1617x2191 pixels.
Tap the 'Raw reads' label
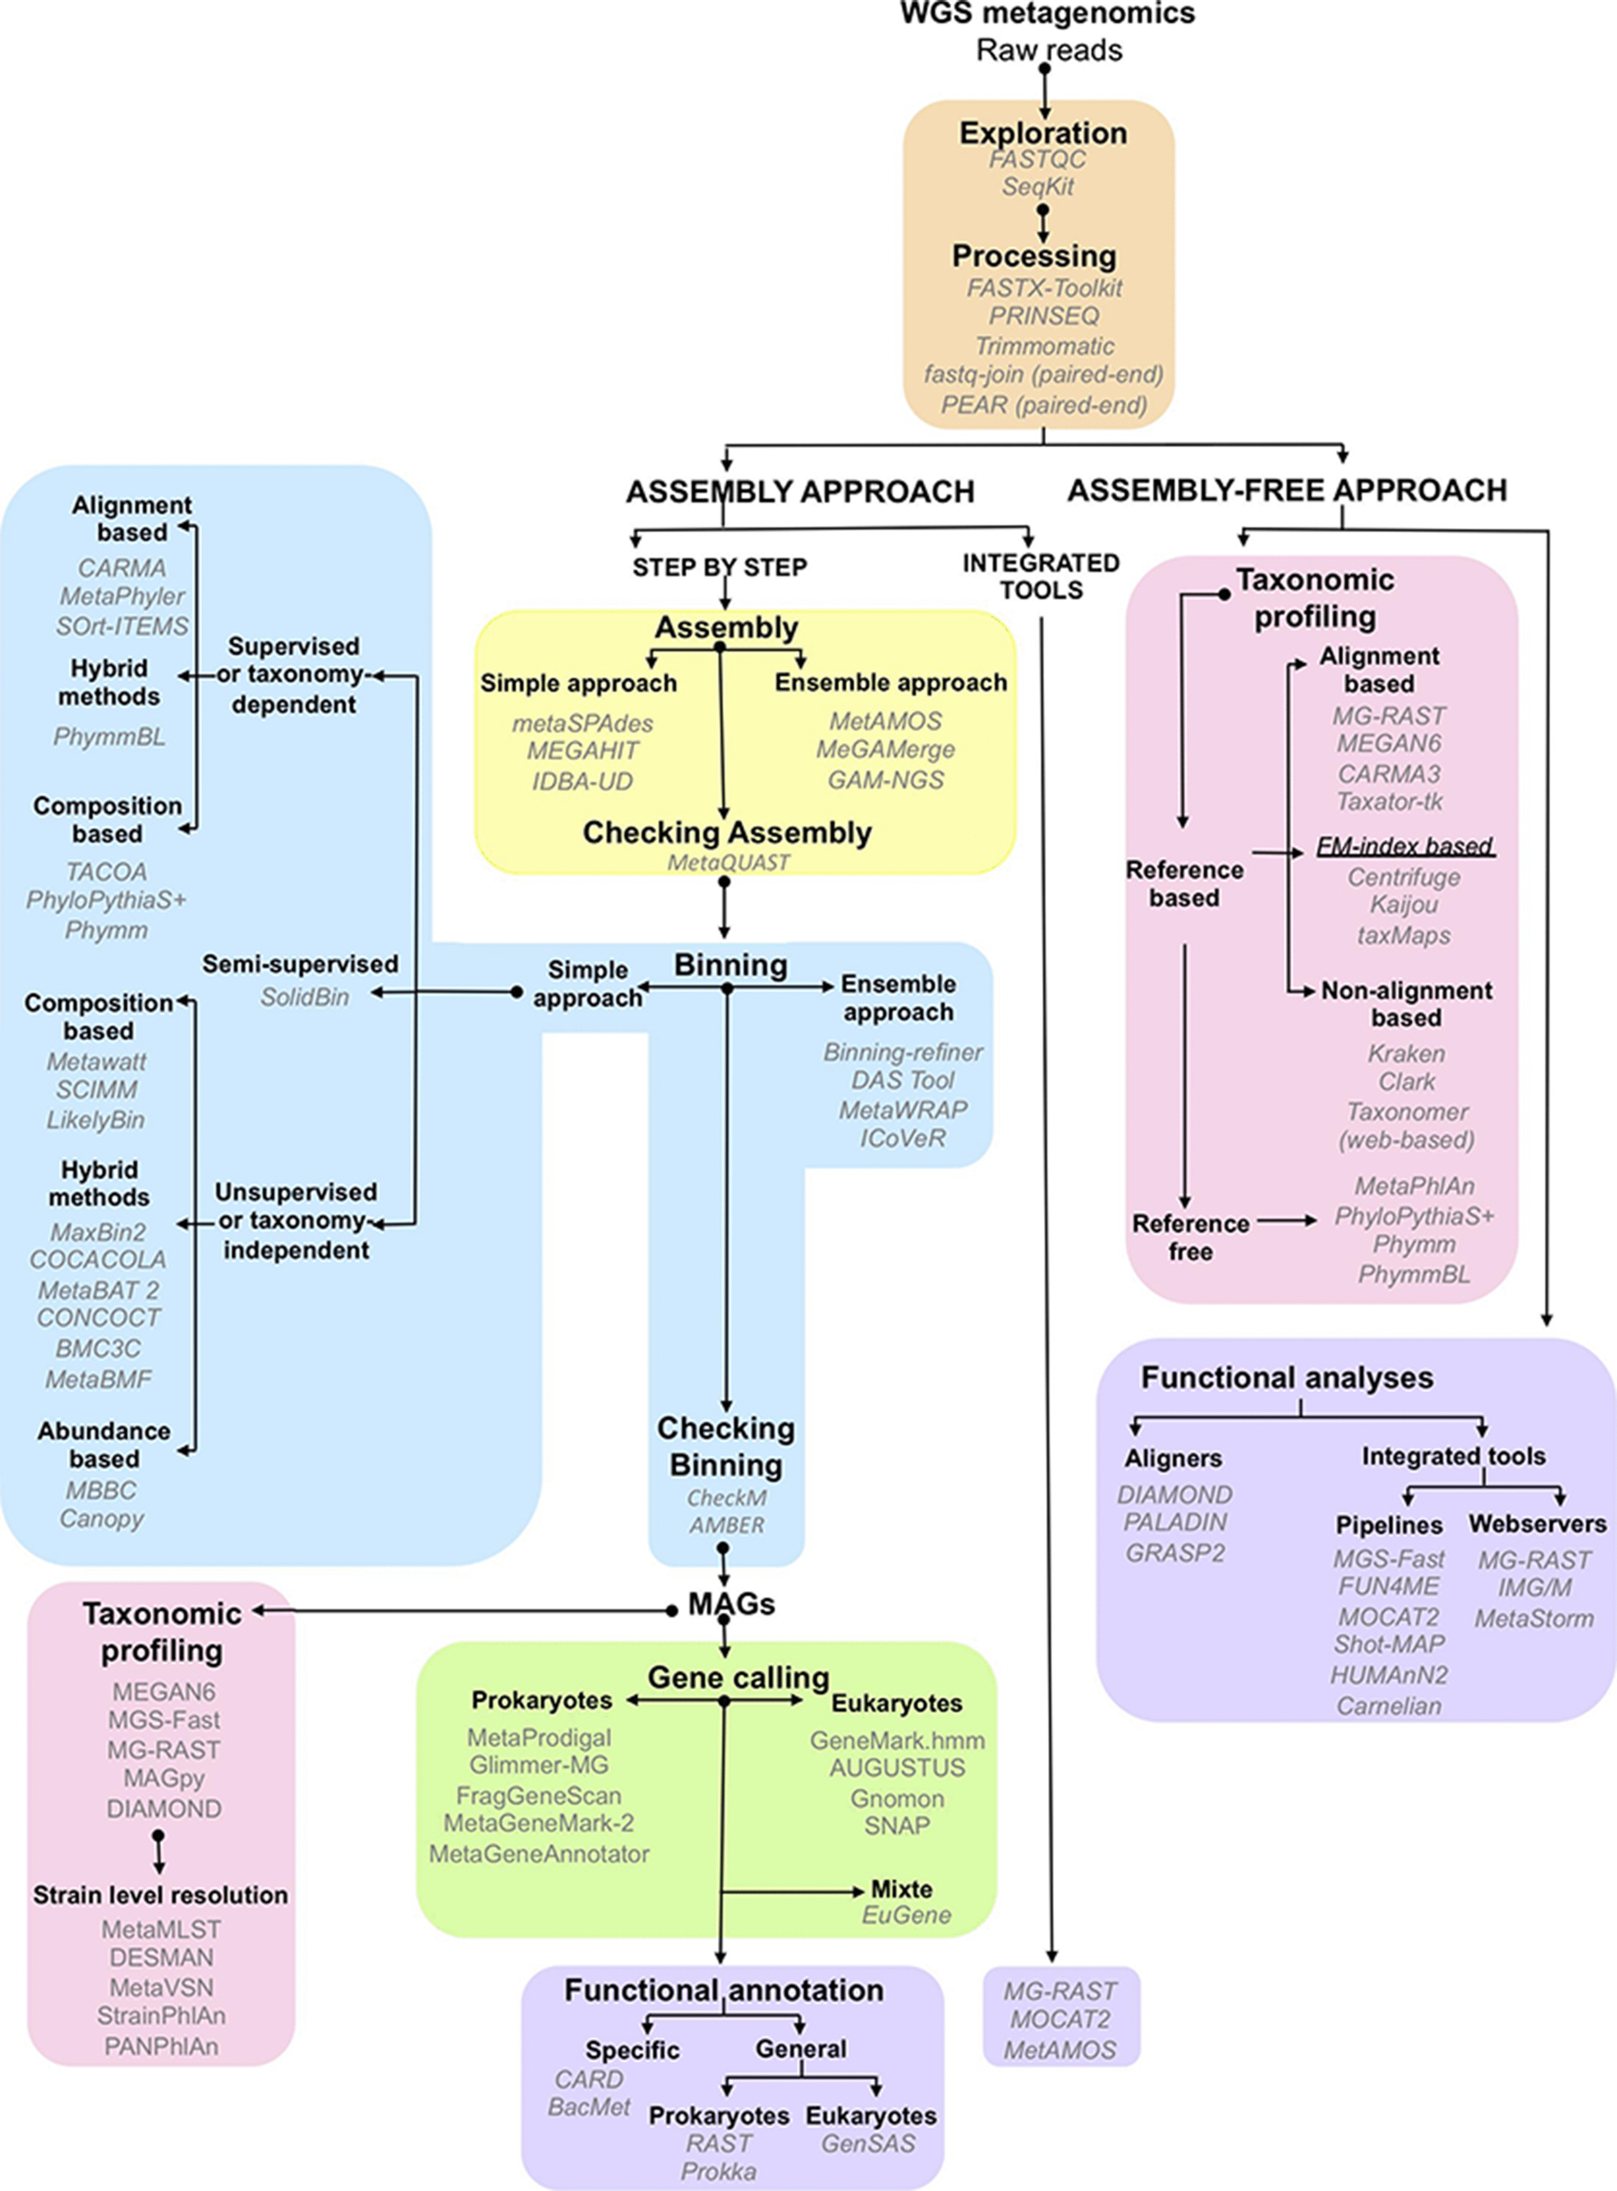pos(1048,50)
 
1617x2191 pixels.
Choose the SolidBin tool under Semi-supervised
pos(304,997)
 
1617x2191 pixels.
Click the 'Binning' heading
pos(730,965)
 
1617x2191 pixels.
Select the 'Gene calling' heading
pos(738,1677)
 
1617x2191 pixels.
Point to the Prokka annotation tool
pos(719,2171)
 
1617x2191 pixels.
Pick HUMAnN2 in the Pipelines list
pos(1388,1675)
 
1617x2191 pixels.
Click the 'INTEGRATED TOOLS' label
pos(1041,576)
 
